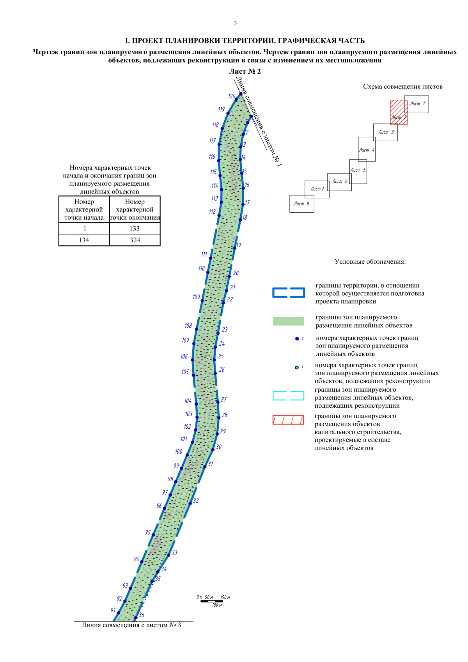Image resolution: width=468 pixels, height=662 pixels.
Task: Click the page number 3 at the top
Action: coord(235,23)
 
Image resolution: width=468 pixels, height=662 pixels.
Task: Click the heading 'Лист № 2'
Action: coord(245,71)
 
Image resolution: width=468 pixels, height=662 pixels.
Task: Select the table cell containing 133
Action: coord(135,229)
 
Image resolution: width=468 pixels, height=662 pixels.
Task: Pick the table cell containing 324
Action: coord(135,240)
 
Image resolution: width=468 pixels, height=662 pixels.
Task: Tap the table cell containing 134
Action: coord(84,240)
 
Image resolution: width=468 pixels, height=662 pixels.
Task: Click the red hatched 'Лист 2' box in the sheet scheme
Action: coord(399,112)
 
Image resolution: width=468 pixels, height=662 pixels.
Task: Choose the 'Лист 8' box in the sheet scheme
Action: coord(301,204)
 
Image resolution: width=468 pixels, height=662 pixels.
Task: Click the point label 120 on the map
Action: coord(232,96)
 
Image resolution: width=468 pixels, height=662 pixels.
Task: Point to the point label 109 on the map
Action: coord(196,297)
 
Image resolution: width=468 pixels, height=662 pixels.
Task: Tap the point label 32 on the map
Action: coord(196,501)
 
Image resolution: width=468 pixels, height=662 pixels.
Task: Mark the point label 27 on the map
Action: coord(223,399)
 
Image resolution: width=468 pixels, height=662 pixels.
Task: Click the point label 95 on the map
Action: coord(148,532)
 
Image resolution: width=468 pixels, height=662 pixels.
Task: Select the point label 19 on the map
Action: coord(238,245)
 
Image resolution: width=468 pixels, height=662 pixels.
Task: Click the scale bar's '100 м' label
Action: coord(217,605)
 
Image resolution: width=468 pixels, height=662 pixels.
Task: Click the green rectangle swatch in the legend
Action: coord(288,321)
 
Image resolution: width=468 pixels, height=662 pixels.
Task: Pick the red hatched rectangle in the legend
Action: coord(288,420)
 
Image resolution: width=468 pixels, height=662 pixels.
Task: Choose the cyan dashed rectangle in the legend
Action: coord(288,396)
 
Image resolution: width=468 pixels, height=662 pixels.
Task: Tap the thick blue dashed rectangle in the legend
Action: coord(288,293)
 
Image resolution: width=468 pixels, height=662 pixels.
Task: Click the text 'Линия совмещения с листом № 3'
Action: coord(131,625)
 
